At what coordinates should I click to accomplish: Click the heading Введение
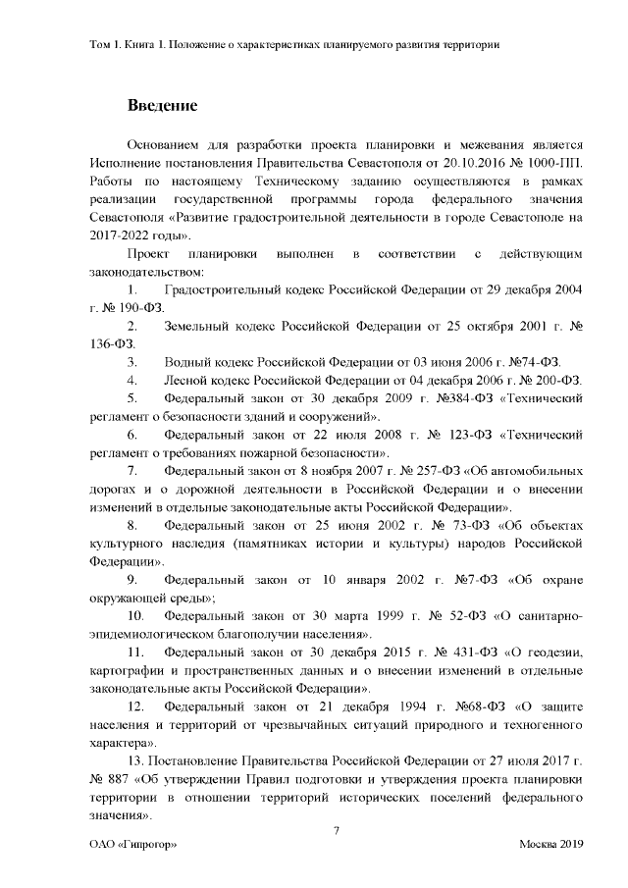(162, 105)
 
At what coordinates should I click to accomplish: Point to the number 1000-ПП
(556, 162)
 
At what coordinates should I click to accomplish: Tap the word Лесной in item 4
(188, 379)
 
